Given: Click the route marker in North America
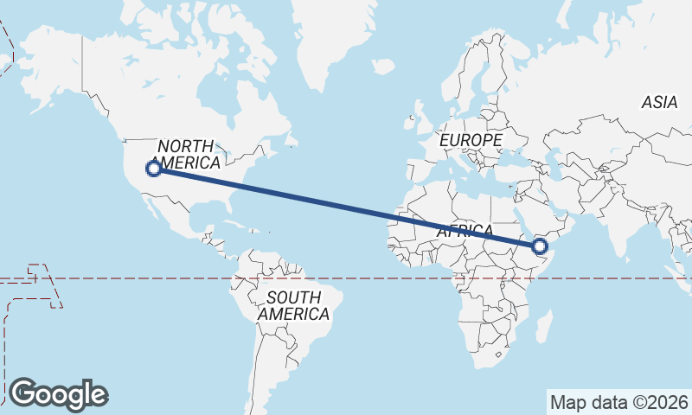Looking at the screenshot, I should (x=153, y=169).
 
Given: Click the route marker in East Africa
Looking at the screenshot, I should (x=541, y=247).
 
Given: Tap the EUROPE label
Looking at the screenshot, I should (x=470, y=140).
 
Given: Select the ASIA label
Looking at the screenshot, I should (x=659, y=102).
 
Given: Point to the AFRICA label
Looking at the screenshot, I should (x=465, y=232).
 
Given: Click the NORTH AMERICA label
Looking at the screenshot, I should (x=189, y=155).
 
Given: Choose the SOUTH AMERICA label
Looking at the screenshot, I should (x=293, y=305).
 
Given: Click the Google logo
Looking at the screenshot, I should (x=58, y=394).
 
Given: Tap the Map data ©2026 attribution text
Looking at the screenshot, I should (x=618, y=402).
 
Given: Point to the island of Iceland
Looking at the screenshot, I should (x=383, y=66).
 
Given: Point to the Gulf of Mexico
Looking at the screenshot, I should (x=202, y=212).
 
